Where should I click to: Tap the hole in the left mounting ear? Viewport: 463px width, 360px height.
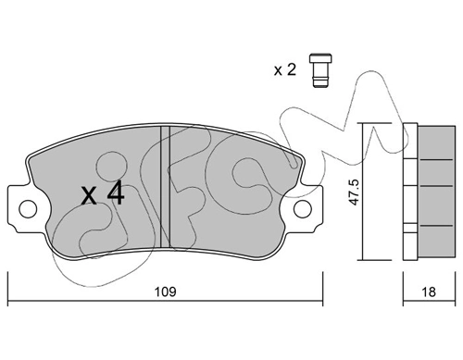click(26, 207)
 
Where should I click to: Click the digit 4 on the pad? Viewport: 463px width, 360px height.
click(117, 193)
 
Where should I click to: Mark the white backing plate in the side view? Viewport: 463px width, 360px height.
click(410, 189)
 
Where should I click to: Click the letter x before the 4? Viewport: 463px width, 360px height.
click(89, 196)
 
